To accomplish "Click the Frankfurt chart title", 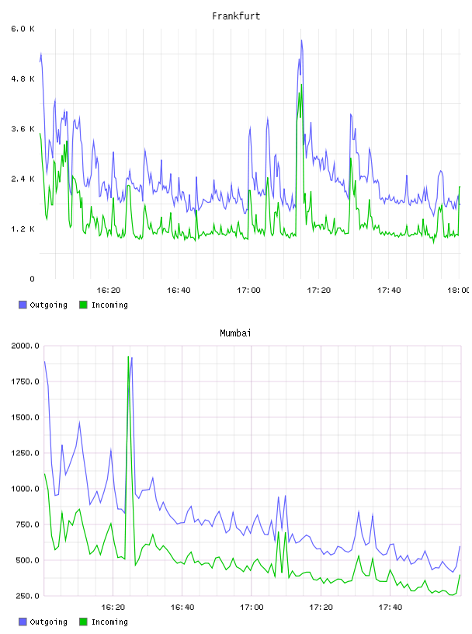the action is tap(236, 16).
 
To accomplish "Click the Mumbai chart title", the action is tap(235, 333).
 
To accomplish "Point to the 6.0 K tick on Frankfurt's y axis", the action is tap(23, 29).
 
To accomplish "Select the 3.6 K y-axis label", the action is tap(23, 129).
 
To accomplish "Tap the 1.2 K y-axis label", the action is tap(23, 229).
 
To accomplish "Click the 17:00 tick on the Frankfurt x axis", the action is tap(248, 291).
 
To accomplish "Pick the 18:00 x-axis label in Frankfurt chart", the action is tap(459, 291).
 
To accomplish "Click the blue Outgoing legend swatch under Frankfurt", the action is tap(23, 305).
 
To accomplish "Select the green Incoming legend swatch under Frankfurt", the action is tap(83, 305).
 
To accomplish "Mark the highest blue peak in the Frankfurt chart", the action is tap(301, 40).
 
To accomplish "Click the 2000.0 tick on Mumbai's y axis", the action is tap(25, 346).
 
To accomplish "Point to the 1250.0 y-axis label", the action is tap(25, 453).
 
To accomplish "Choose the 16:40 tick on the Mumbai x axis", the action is tap(182, 608).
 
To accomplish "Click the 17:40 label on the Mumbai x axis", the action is tap(390, 608).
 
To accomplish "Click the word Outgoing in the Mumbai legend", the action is tap(48, 622).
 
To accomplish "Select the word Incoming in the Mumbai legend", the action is tap(109, 622).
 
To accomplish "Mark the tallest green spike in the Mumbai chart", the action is tap(128, 357).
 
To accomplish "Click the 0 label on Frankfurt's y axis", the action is tap(32, 279).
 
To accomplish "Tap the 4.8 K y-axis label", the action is tap(23, 78).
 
